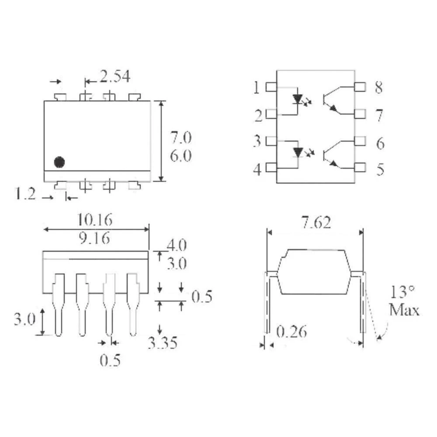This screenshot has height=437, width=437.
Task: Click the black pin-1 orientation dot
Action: [x=59, y=162]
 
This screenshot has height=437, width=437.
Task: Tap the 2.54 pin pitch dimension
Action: [x=114, y=77]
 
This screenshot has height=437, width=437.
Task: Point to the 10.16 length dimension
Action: [x=95, y=219]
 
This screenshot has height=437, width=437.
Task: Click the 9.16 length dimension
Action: [x=95, y=239]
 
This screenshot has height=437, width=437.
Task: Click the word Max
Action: [x=404, y=310]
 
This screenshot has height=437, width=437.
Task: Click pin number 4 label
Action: [x=257, y=169]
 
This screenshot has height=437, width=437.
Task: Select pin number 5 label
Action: [x=380, y=169]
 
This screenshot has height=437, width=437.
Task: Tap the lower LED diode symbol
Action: [x=298, y=152]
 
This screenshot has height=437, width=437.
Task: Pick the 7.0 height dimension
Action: [x=180, y=138]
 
